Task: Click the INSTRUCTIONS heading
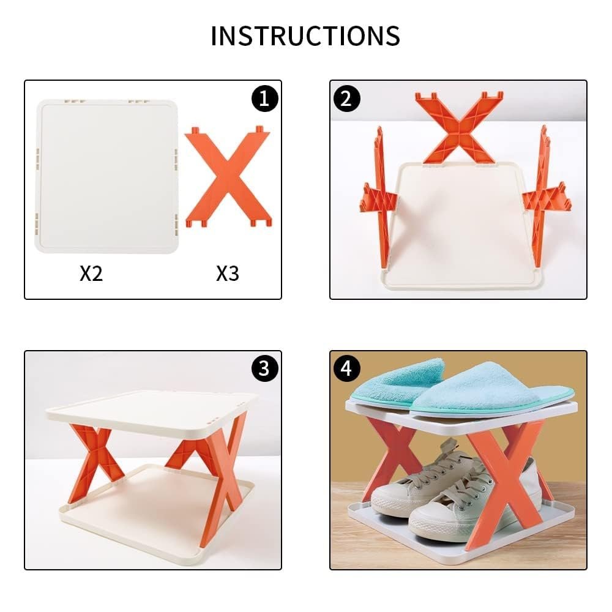click(x=305, y=36)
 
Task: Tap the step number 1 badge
click(x=264, y=99)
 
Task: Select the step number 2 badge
click(x=347, y=99)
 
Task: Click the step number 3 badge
click(x=264, y=368)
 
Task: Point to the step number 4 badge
click(x=347, y=368)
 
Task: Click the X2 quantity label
click(x=91, y=274)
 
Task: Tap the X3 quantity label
click(x=227, y=274)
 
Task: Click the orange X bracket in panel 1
click(x=228, y=177)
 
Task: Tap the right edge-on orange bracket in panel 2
click(x=542, y=196)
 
